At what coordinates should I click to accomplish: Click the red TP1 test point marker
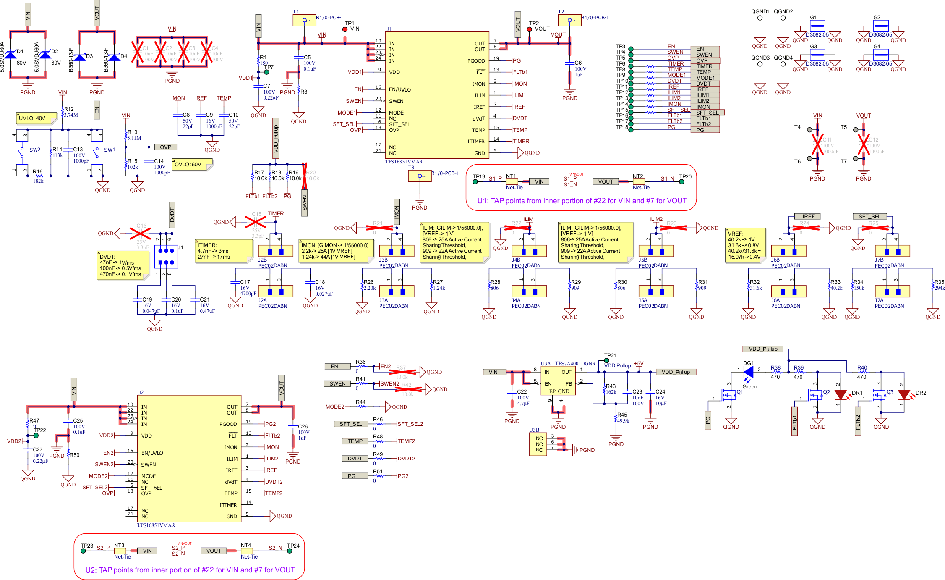[x=345, y=29]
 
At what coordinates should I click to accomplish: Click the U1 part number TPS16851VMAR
[x=404, y=162]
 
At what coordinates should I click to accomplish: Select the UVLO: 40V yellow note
[x=36, y=118]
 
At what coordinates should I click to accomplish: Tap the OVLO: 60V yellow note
[x=191, y=164]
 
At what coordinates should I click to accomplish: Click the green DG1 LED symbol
[x=748, y=372]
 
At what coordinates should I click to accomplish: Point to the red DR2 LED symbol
[x=903, y=395]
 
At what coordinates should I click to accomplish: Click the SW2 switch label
[x=35, y=150]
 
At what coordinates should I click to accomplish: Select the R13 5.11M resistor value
[x=134, y=138]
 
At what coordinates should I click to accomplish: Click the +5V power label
[x=639, y=364]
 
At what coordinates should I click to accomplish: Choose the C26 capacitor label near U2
[x=303, y=426]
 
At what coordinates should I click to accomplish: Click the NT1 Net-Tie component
[x=512, y=182]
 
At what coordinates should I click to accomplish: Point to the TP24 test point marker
[x=290, y=551]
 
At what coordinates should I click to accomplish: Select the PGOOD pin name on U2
[x=228, y=424]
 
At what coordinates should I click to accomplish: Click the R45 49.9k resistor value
[x=623, y=420]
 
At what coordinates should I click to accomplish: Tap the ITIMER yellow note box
[x=224, y=251]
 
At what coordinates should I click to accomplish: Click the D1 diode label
[x=20, y=52]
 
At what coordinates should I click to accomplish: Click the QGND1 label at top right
[x=760, y=12]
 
